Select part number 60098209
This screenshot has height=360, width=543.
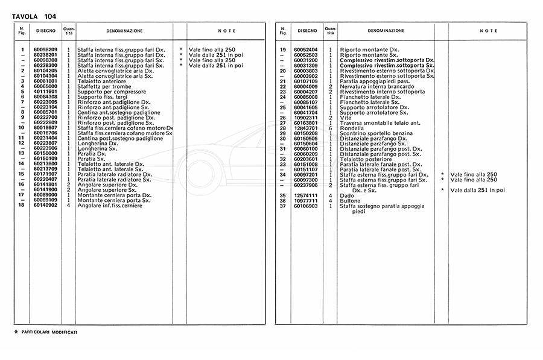tap(45, 49)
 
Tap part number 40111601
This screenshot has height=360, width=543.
tap(45, 91)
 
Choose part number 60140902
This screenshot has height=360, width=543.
tap(45, 206)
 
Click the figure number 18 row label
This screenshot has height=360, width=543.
tap(21, 206)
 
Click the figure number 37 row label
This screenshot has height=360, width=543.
tap(282, 206)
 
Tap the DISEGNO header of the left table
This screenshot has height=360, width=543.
tap(45, 30)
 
